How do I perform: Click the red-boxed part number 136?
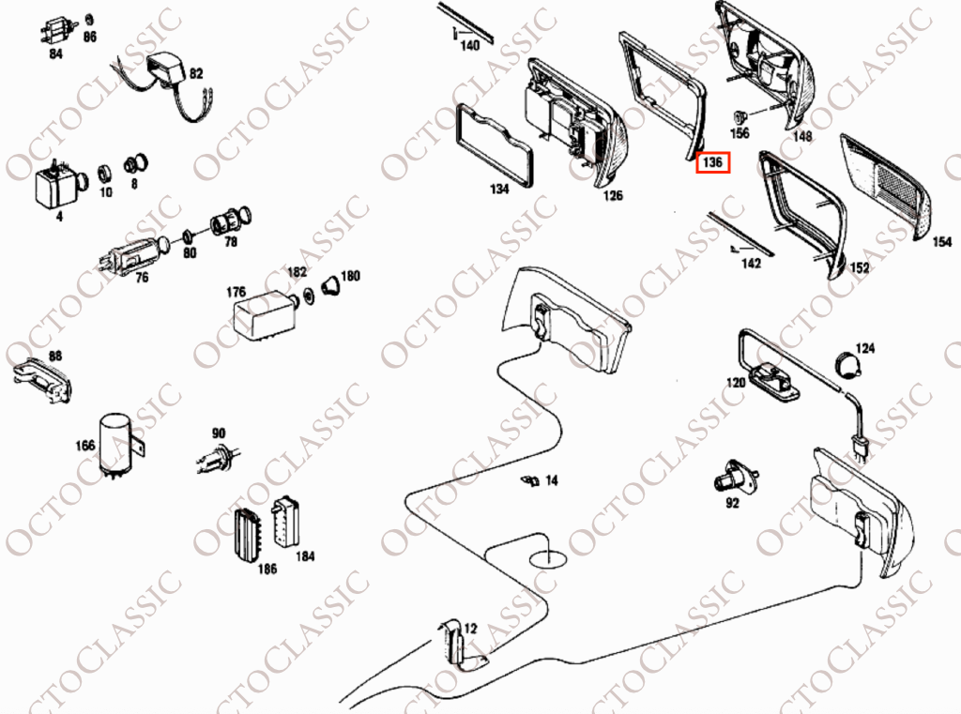click(x=712, y=162)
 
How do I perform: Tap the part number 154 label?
click(x=942, y=242)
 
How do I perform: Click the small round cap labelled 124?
click(x=848, y=364)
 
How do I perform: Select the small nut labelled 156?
click(x=740, y=115)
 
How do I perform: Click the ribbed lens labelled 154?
click(x=884, y=186)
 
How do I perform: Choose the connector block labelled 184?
click(x=285, y=522)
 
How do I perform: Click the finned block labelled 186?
click(x=248, y=534)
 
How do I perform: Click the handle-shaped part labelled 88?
click(x=41, y=381)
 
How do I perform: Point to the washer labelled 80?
click(x=189, y=235)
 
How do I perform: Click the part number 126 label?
click(x=613, y=195)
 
